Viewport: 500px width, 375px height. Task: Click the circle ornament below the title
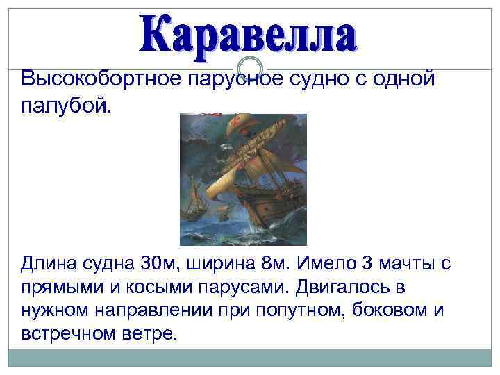pyautogui.click(x=249, y=65)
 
